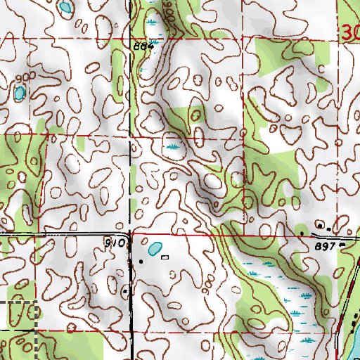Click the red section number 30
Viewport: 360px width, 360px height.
352,32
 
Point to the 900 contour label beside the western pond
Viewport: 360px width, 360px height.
25,77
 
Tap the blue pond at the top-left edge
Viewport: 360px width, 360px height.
65,8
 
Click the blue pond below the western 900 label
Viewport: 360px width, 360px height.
19,92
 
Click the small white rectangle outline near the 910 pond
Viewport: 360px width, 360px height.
165,257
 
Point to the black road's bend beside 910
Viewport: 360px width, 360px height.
129,236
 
